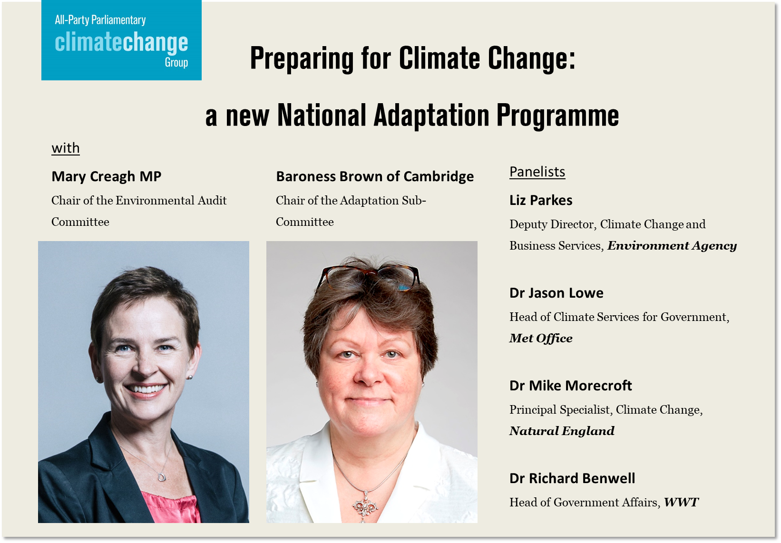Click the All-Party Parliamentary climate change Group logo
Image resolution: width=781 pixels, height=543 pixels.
pos(121,40)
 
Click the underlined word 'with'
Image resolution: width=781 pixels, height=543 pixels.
pos(66,148)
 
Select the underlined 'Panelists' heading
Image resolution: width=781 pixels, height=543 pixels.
pos(537,172)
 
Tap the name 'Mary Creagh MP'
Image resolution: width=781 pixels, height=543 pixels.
pos(107,176)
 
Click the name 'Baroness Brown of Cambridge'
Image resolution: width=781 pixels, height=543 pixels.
pos(375,176)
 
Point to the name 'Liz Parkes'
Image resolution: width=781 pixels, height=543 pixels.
pos(541,200)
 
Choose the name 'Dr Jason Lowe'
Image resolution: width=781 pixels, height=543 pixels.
pos(556,293)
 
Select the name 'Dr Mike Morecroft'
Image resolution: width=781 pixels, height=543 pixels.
pos(570,386)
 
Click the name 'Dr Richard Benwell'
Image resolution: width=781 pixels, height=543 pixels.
pos(572,478)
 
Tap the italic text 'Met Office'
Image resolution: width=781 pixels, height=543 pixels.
pos(541,338)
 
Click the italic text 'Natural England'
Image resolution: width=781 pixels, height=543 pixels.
pos(562,431)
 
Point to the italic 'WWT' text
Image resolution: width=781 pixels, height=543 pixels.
pos(681,502)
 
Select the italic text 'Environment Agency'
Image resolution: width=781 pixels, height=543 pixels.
pos(672,246)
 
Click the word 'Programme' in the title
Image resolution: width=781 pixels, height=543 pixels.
pos(557,116)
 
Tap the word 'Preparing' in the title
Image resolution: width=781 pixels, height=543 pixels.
pos(302,58)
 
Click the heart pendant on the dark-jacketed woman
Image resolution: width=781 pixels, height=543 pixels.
pos(161,476)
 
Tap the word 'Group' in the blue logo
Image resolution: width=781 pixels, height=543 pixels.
pos(176,63)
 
